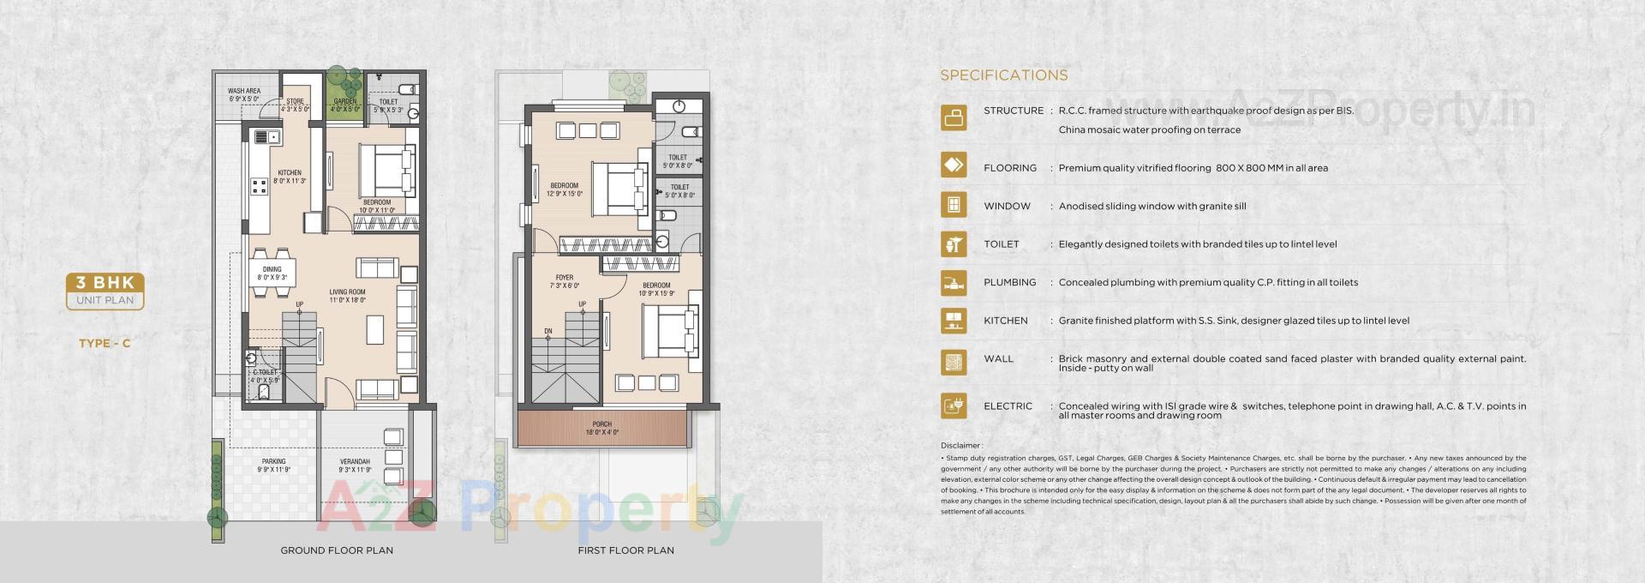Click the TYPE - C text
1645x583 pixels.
point(105,344)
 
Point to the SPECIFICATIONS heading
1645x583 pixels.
point(1003,75)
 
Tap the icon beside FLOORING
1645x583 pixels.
point(953,165)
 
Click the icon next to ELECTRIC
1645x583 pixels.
point(953,406)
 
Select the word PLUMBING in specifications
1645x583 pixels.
point(1009,282)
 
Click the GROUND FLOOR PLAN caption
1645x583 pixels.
point(337,550)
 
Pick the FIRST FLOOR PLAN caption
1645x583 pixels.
point(625,550)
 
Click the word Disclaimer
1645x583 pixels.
point(960,446)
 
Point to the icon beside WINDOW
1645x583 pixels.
point(953,206)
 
